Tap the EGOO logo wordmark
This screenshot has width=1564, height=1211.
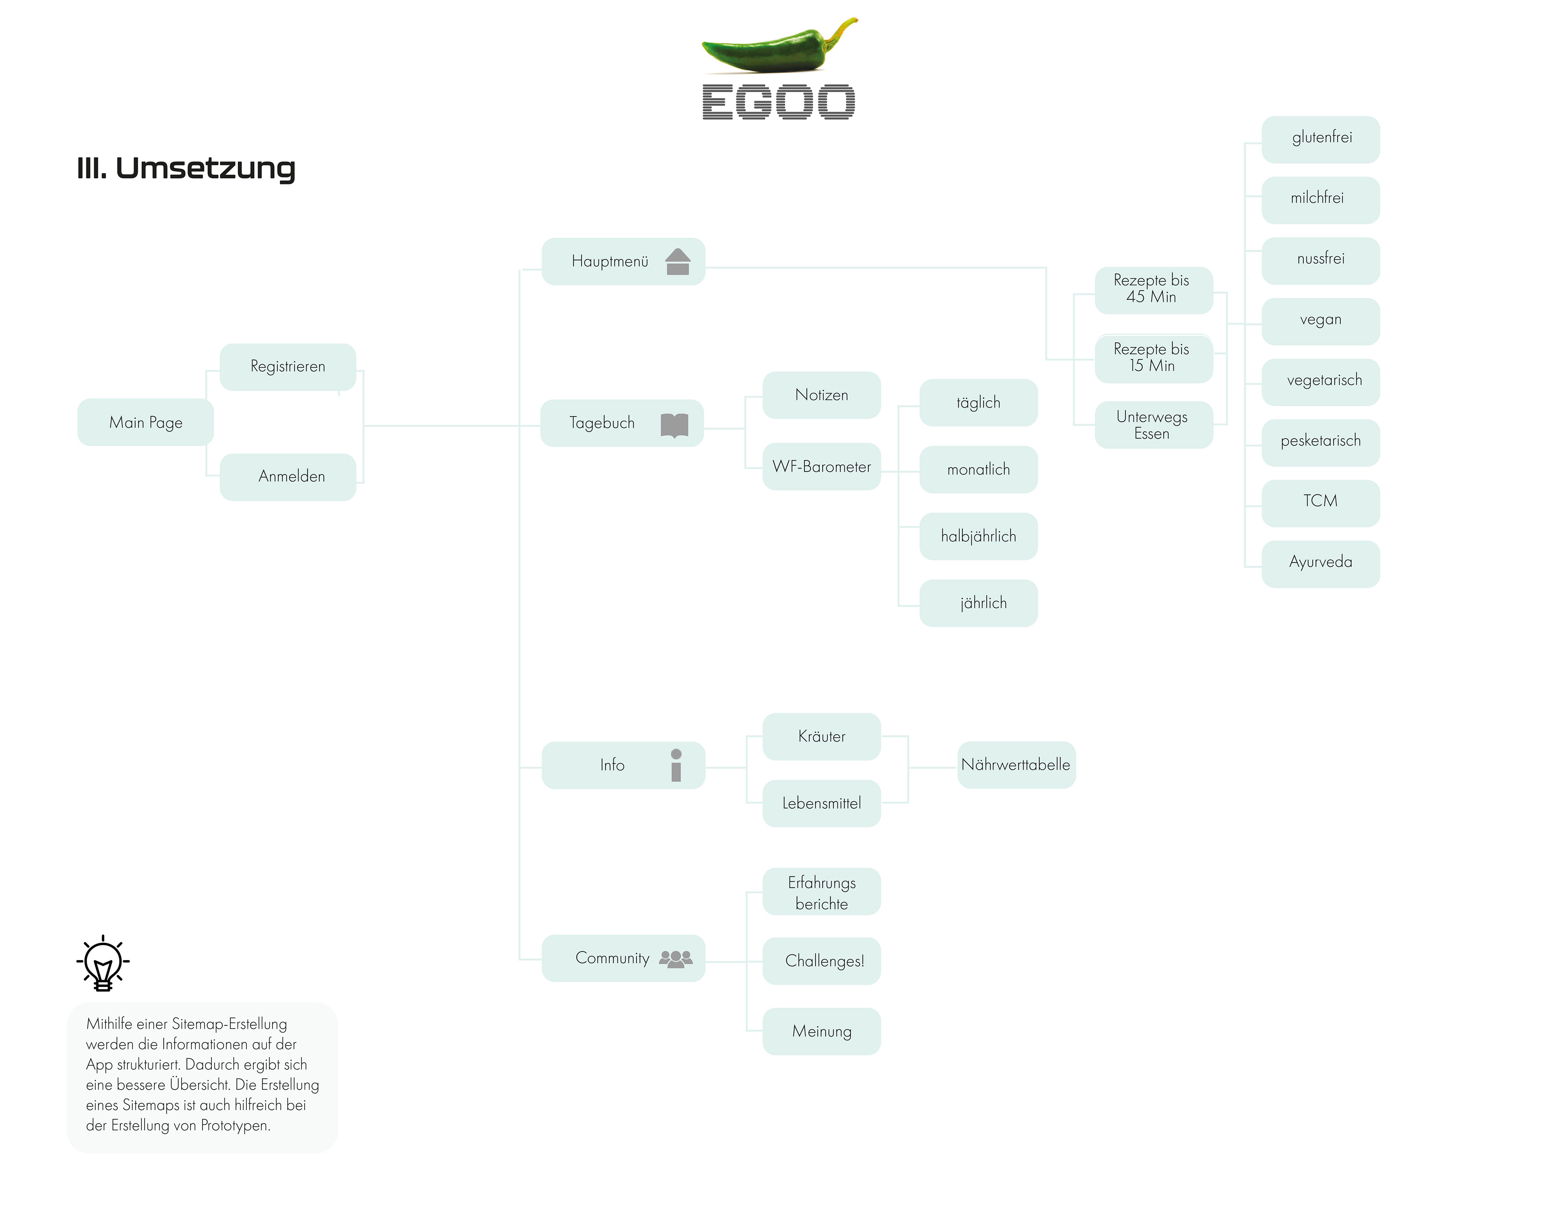pyautogui.click(x=778, y=102)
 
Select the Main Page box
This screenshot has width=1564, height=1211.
pyautogui.click(x=145, y=423)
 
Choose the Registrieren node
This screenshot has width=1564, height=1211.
pyautogui.click(x=288, y=366)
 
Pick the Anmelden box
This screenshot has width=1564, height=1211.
pyautogui.click(x=288, y=476)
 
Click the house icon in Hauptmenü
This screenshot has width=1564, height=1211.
pyautogui.click(x=677, y=262)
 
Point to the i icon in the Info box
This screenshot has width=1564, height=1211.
pyautogui.click(x=676, y=766)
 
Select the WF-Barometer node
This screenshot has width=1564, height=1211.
pyautogui.click(x=822, y=467)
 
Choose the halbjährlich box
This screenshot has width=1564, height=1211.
pyautogui.click(x=978, y=536)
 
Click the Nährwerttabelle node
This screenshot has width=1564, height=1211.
pyautogui.click(x=1016, y=765)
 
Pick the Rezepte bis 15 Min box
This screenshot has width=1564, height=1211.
pyautogui.click(x=1153, y=358)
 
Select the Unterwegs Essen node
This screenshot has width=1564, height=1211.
pyautogui.click(x=1153, y=426)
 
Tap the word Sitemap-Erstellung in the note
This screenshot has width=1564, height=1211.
pyautogui.click(x=229, y=1024)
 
